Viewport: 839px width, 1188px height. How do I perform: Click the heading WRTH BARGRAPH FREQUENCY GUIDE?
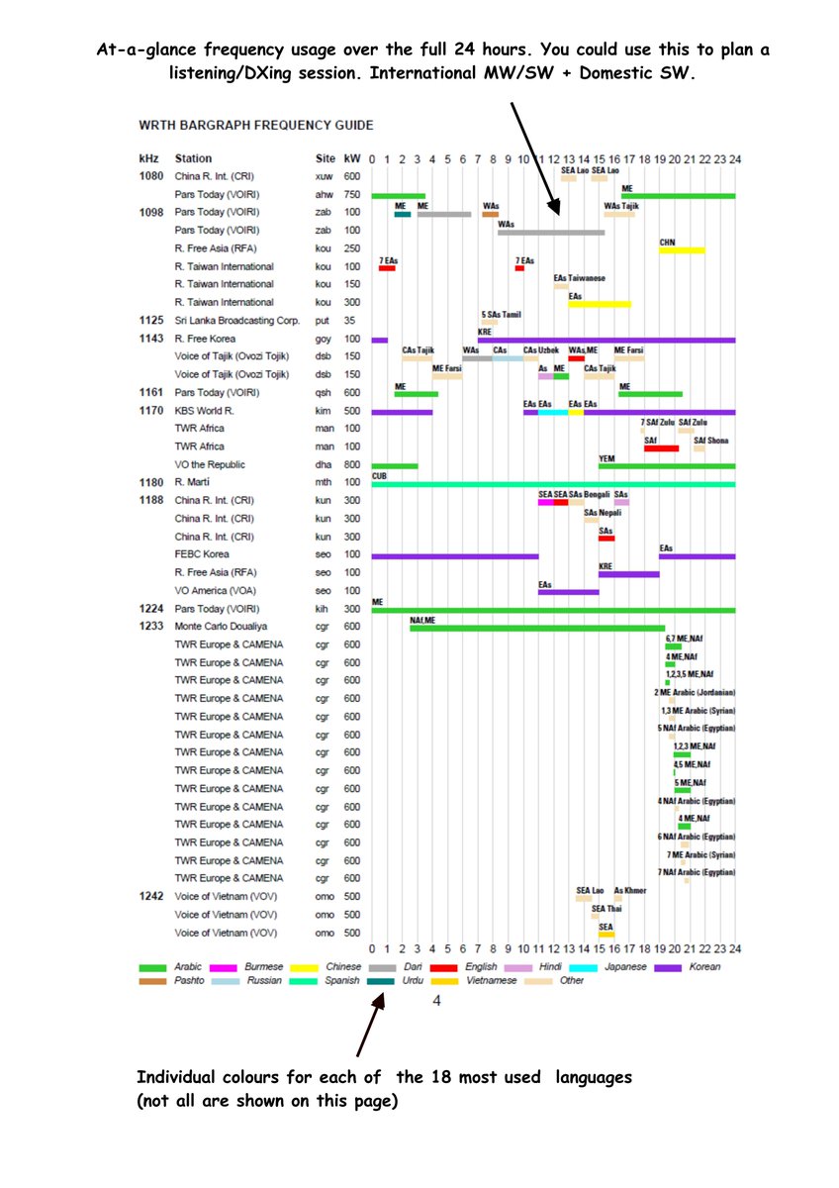coord(256,126)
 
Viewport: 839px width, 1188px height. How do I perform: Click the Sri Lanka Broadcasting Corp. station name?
coord(236,321)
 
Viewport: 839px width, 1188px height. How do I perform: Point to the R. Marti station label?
coord(193,482)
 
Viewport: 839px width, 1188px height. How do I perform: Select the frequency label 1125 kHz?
coord(150,321)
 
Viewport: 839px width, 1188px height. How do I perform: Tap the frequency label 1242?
coord(150,896)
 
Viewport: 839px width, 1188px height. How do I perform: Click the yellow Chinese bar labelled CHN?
coord(682,249)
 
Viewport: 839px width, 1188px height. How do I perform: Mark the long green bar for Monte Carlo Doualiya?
coord(537,628)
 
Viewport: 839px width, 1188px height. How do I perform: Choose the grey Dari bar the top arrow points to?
coord(551,233)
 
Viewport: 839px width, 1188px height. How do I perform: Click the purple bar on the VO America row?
coord(568,592)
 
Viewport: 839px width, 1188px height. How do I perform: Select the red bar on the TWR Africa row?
coord(661,448)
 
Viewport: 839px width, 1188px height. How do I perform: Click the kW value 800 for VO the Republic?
coord(352,464)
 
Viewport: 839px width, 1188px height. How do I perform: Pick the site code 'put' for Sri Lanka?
coord(323,321)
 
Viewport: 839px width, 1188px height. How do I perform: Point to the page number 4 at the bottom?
coord(436,1000)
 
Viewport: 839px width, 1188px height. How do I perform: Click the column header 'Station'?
coord(193,158)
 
